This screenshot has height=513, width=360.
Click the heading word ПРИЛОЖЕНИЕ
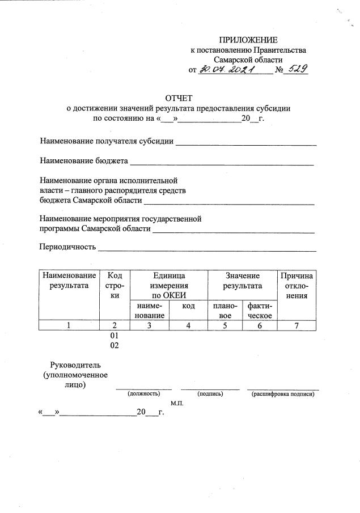pyautogui.click(x=249, y=40)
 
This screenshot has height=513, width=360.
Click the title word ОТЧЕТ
pyautogui.click(x=179, y=99)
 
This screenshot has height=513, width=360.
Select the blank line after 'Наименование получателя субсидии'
pyautogui.click(x=245, y=144)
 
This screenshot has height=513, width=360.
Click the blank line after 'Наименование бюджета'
pyautogui.click(x=222, y=163)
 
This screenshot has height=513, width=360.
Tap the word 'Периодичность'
pyautogui.click(x=67, y=247)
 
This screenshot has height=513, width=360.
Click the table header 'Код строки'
pyautogui.click(x=115, y=285)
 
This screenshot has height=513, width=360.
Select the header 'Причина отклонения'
pyautogui.click(x=297, y=285)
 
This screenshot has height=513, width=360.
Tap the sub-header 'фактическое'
pyautogui.click(x=259, y=311)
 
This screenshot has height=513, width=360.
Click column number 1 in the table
pyautogui.click(x=69, y=325)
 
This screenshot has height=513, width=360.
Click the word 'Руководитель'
pyautogui.click(x=75, y=365)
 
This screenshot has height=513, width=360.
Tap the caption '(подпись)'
pyautogui.click(x=209, y=393)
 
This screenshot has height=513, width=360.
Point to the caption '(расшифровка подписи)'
pyautogui.click(x=282, y=393)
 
